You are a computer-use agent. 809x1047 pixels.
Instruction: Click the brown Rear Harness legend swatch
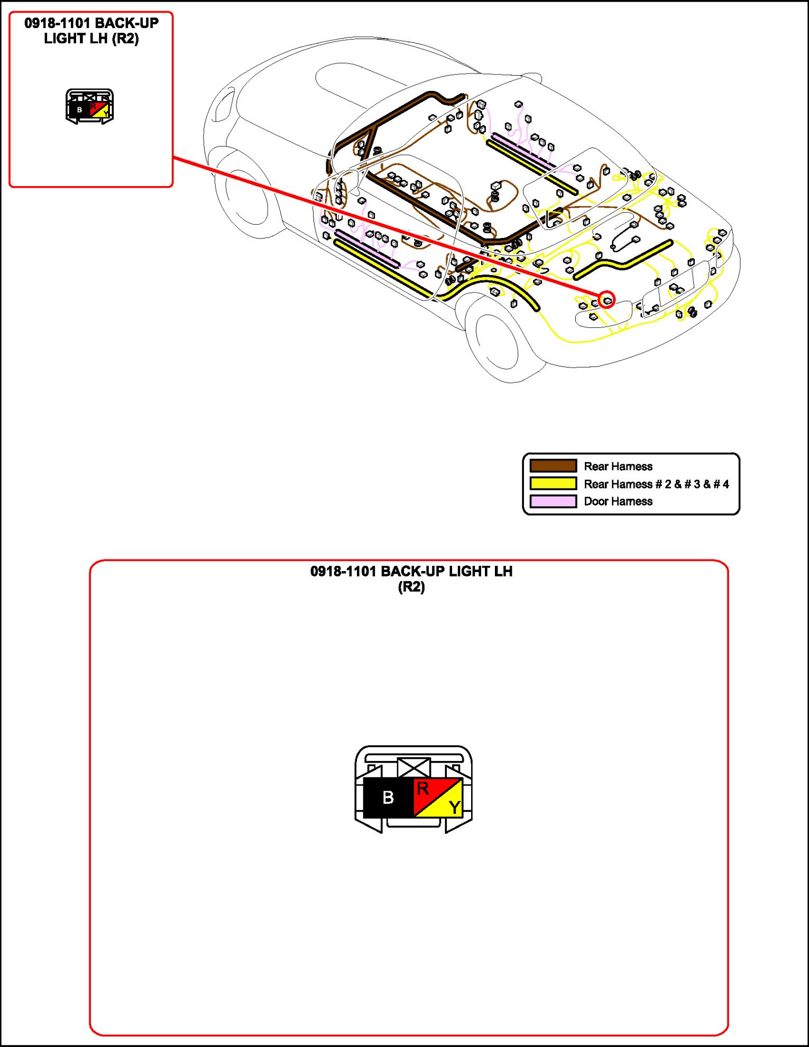[x=553, y=466]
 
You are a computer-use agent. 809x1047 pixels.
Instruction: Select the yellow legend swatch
[x=553, y=483]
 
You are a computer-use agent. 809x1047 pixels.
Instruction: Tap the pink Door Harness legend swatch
[x=553, y=501]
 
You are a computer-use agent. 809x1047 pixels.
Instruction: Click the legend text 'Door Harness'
[x=618, y=501]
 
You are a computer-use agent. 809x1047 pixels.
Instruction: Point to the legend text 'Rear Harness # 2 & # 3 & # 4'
[x=656, y=484]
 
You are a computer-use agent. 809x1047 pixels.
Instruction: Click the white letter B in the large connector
[x=388, y=797]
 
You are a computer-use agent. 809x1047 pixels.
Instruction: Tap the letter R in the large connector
[x=422, y=789]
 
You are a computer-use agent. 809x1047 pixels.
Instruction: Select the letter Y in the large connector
[x=454, y=807]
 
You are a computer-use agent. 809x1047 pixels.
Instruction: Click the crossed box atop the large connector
[x=414, y=767]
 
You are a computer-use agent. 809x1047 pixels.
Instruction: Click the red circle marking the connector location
[x=607, y=300]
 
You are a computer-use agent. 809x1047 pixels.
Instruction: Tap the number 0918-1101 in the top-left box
[x=57, y=23]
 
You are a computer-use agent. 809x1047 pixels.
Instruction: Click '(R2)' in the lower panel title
[x=411, y=587]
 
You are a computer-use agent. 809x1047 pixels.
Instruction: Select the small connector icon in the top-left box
[x=89, y=106]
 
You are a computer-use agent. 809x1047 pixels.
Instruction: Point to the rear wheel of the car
[x=498, y=341]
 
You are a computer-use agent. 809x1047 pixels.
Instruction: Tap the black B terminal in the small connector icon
[x=79, y=109]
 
